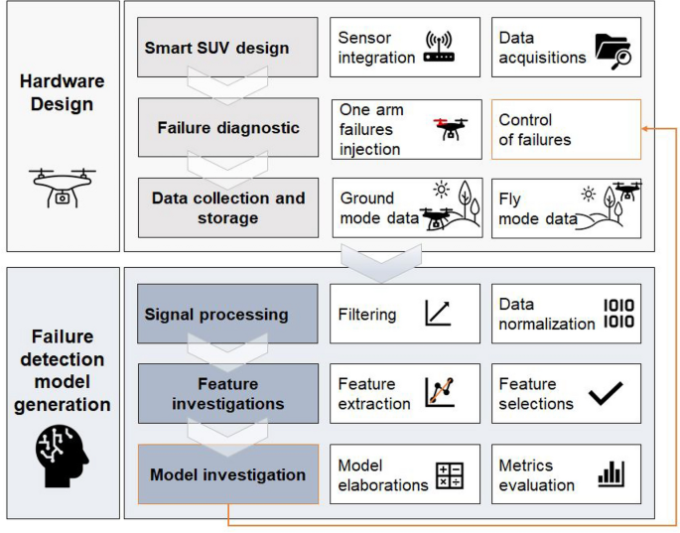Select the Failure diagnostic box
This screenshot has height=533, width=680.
227,127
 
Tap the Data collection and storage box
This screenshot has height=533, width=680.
227,206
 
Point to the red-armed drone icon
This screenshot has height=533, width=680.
450,128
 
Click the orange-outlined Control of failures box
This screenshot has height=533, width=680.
566,129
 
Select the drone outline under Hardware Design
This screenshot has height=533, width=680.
62,186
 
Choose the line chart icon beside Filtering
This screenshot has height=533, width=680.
438,313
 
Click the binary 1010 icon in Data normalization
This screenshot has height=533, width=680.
617,313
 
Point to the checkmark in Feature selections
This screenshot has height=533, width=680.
606,394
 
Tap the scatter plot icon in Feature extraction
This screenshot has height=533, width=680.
439,393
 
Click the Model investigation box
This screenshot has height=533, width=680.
227,474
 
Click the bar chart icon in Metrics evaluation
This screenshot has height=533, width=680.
611,474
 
